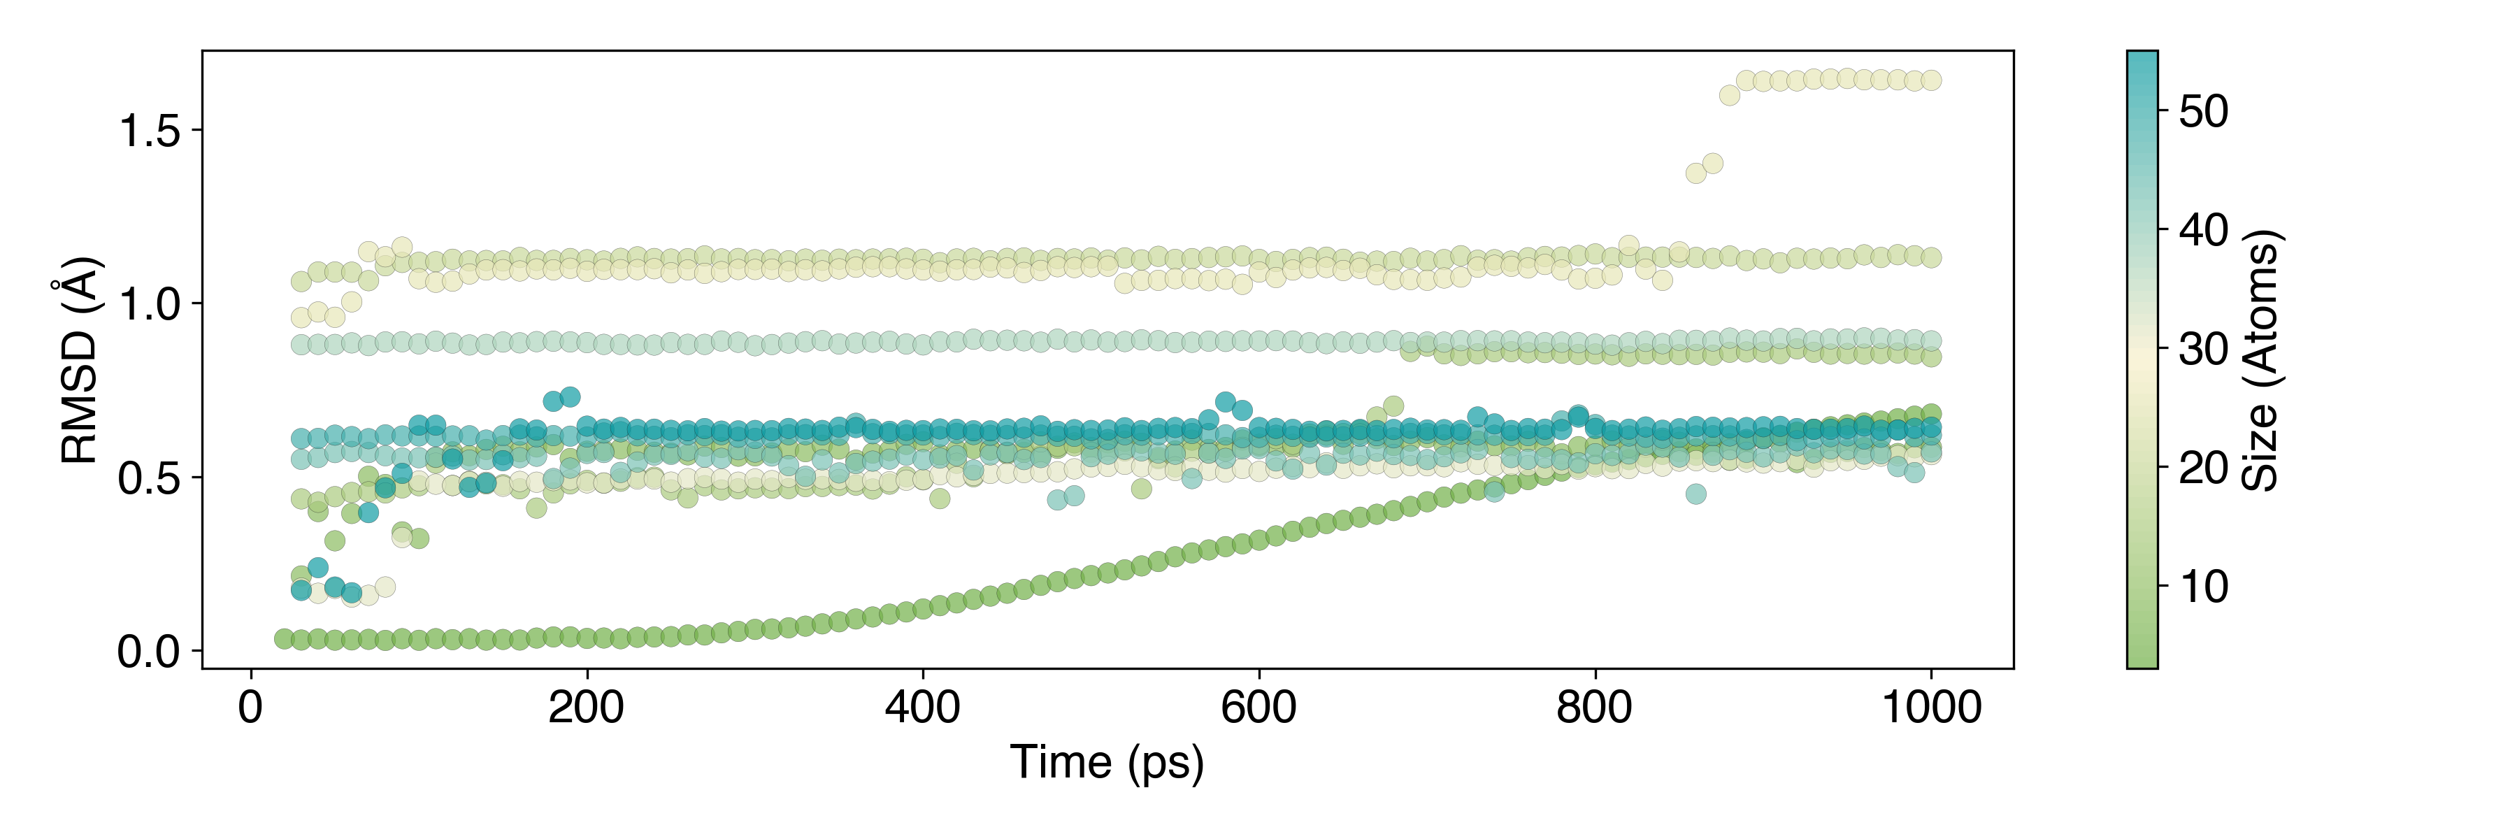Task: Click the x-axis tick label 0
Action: (251, 707)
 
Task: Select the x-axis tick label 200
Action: (587, 707)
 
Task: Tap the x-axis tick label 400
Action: (922, 707)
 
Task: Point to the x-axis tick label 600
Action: (1258, 707)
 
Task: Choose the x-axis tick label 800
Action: (1595, 707)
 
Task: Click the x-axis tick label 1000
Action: (1930, 707)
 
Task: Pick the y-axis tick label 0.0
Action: (148, 652)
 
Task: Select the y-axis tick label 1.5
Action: (148, 131)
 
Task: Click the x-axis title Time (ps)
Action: (1107, 763)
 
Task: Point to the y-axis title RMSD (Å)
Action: (80, 359)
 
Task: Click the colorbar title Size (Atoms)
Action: (2260, 359)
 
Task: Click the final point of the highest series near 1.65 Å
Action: (1930, 80)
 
